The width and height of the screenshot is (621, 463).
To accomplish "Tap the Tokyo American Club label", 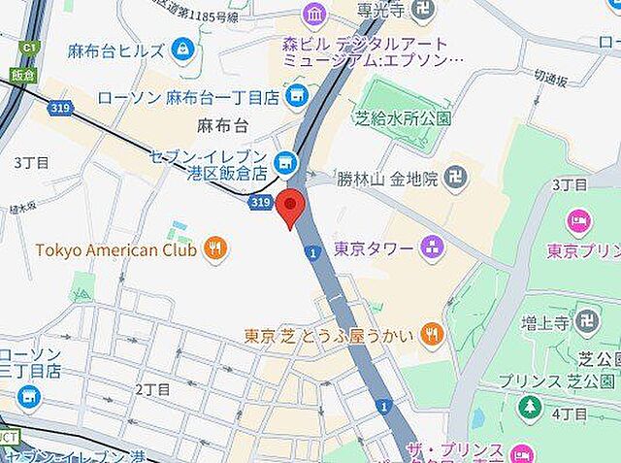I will pyautogui.click(x=117, y=250).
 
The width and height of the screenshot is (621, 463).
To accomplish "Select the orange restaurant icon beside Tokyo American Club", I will pyautogui.click(x=215, y=250).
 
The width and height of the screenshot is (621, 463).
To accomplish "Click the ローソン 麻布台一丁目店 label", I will pyautogui.click(x=188, y=97).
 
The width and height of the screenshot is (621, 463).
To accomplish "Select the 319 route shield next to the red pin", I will pyautogui.click(x=259, y=202).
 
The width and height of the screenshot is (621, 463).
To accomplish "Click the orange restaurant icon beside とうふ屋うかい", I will pyautogui.click(x=433, y=336).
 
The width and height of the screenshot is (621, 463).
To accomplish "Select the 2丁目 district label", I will pyautogui.click(x=152, y=389).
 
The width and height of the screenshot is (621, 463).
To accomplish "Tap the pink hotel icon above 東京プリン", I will pyautogui.click(x=579, y=222).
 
